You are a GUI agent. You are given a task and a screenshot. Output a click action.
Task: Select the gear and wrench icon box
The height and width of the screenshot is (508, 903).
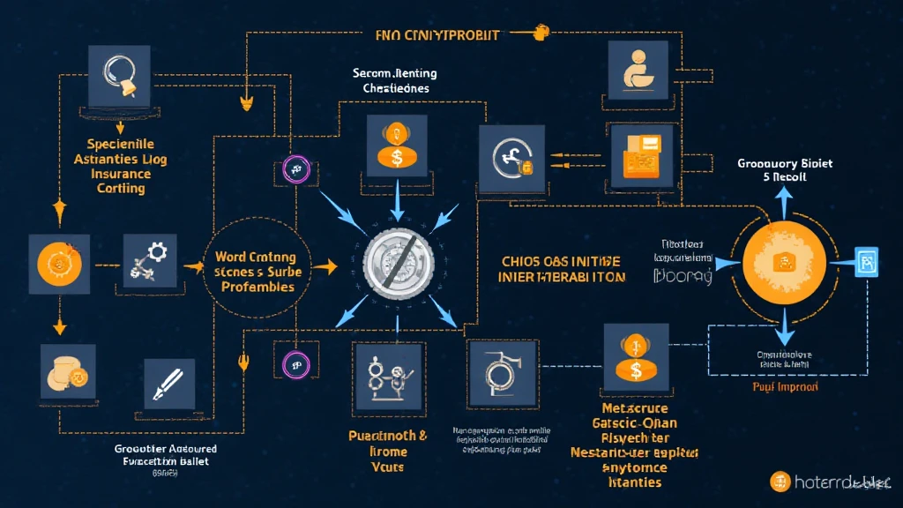tap(150, 262)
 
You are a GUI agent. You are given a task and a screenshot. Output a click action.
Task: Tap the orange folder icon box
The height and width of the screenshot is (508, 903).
tap(642, 155)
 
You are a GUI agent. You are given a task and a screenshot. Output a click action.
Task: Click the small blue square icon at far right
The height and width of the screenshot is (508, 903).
tap(868, 262)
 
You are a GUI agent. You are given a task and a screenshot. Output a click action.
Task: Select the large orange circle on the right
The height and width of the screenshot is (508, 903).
tap(782, 262)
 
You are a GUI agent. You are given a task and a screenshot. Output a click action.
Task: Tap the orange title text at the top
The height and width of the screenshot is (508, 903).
tap(431, 35)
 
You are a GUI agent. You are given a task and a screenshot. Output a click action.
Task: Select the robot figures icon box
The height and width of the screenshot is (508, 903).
tap(388, 374)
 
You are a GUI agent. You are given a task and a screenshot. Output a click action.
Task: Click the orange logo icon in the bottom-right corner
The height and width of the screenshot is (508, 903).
tap(780, 482)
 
